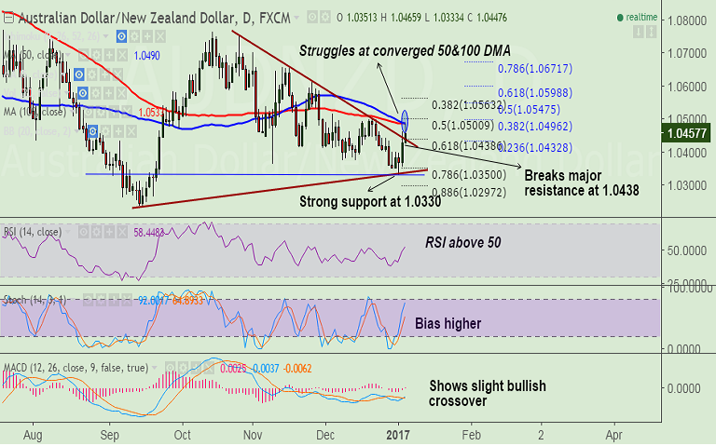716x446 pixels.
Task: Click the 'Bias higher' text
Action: [x=449, y=323]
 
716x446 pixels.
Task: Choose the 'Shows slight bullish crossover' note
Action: [x=487, y=392]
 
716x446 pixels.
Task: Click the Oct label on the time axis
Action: [x=182, y=435]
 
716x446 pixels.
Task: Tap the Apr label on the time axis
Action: [x=614, y=435]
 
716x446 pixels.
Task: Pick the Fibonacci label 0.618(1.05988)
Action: [x=540, y=93]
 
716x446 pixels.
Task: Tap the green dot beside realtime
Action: [x=622, y=18]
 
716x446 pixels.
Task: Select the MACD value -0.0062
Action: [x=296, y=368]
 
